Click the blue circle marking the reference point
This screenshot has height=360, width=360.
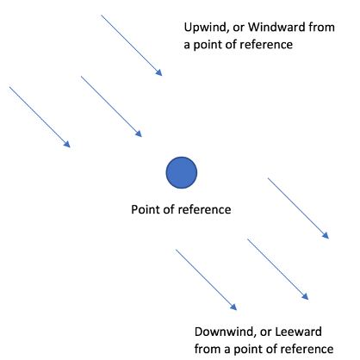(182, 172)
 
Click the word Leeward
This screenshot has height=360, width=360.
(298, 332)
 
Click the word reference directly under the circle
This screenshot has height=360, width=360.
(204, 209)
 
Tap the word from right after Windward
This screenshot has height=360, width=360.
(321, 27)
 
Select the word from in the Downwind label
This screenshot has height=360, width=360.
(208, 349)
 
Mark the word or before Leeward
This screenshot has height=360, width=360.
(266, 332)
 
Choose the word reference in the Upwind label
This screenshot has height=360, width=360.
(266, 45)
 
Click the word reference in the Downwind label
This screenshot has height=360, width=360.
(307, 349)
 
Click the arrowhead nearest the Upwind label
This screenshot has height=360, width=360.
(159, 72)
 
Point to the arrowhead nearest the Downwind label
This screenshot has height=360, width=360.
(233, 307)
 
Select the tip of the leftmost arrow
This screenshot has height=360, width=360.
(71, 147)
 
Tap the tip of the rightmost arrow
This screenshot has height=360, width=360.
(329, 239)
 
